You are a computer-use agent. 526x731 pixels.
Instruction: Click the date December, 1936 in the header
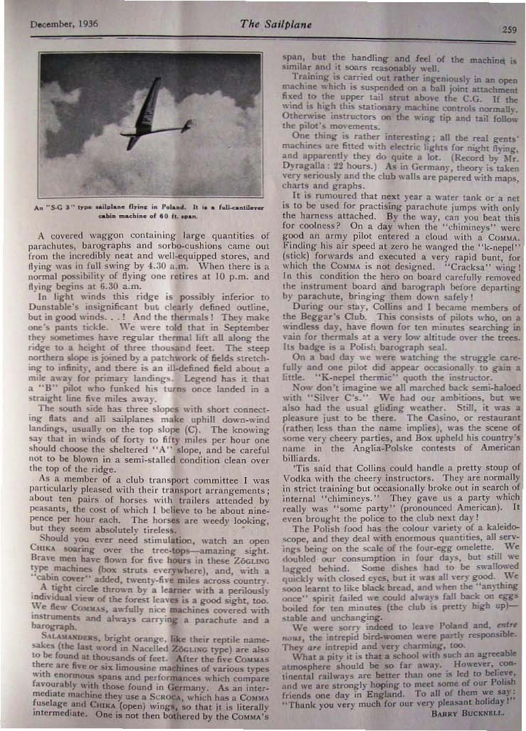tap(65, 23)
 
